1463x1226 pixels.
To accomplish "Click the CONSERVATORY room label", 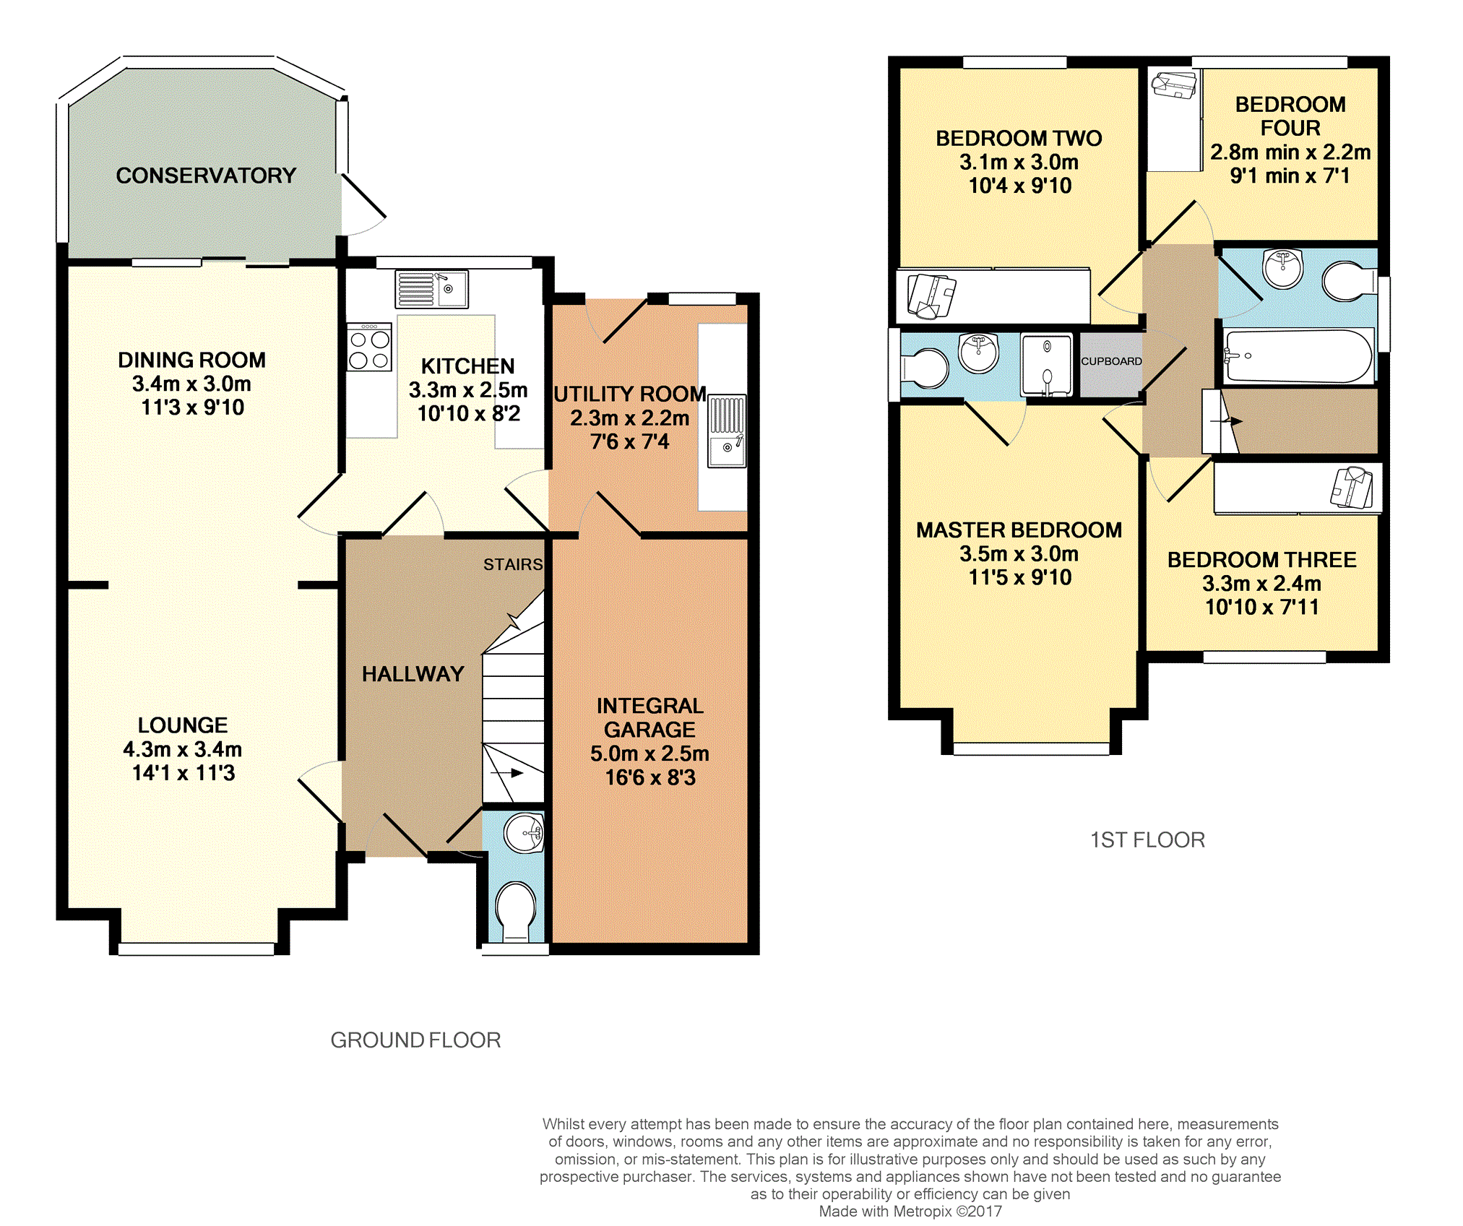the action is click(x=206, y=176).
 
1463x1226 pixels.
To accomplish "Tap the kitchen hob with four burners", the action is click(x=369, y=347).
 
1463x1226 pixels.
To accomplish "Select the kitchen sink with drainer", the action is click(x=431, y=289).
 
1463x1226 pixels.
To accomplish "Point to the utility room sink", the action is click(x=727, y=431).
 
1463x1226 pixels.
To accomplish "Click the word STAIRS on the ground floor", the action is click(x=513, y=564).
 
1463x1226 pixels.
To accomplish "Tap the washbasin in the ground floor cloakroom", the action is click(x=524, y=834).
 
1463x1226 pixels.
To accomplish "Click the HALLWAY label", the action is click(x=413, y=674).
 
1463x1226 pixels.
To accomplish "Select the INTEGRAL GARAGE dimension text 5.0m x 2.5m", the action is click(x=649, y=754).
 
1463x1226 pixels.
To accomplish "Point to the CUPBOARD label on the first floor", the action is click(x=1111, y=361).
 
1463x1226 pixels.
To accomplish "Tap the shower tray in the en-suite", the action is click(x=1047, y=366).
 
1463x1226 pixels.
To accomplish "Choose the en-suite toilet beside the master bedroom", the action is click(x=924, y=368).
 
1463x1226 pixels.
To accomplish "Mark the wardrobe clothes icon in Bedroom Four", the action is click(x=1174, y=85).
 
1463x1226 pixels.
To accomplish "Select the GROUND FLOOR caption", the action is click(x=415, y=1040).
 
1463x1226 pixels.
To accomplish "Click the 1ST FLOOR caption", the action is click(x=1147, y=840).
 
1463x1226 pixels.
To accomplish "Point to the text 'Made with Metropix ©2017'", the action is click(x=910, y=1212).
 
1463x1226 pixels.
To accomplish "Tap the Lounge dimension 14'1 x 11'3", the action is click(x=184, y=773).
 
